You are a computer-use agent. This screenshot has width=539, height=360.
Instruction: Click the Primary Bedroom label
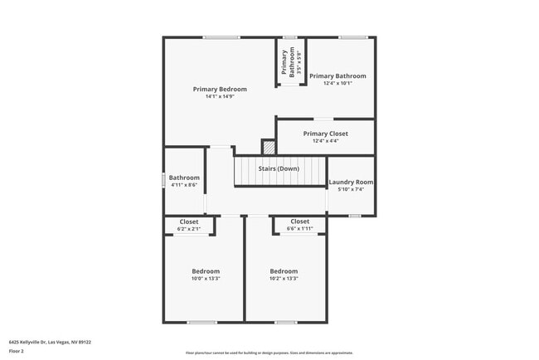coord(220,89)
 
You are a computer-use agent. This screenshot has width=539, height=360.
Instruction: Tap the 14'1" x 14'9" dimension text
coord(220,96)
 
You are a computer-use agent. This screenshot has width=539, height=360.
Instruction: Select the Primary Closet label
coord(325,134)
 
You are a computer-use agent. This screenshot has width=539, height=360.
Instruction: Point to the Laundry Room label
coord(351,182)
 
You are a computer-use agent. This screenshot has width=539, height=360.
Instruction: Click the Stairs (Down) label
coord(278,169)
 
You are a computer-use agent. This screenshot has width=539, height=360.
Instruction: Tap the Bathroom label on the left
coord(184,178)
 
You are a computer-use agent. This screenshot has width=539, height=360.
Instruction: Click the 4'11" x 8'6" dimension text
coord(184,185)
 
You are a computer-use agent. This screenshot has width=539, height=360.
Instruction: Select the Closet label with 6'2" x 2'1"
coord(189,221)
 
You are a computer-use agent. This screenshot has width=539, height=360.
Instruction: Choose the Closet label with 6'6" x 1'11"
coord(299,221)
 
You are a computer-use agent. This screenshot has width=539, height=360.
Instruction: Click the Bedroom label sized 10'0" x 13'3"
coord(206,271)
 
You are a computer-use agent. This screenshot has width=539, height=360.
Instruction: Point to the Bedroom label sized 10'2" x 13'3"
coord(284,271)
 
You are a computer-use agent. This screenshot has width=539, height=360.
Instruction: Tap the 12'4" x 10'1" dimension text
coord(337,83)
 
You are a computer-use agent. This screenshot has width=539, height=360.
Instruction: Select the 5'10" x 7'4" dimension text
coord(351,190)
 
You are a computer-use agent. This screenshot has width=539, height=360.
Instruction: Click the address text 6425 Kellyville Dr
coord(50,341)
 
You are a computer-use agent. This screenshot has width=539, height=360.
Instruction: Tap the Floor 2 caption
coord(17,351)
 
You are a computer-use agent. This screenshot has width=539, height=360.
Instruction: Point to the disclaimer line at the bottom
coord(269,352)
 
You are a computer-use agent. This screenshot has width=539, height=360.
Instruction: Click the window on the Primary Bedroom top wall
coord(221,36)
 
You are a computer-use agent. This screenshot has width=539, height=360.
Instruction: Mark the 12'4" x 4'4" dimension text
coord(325,141)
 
